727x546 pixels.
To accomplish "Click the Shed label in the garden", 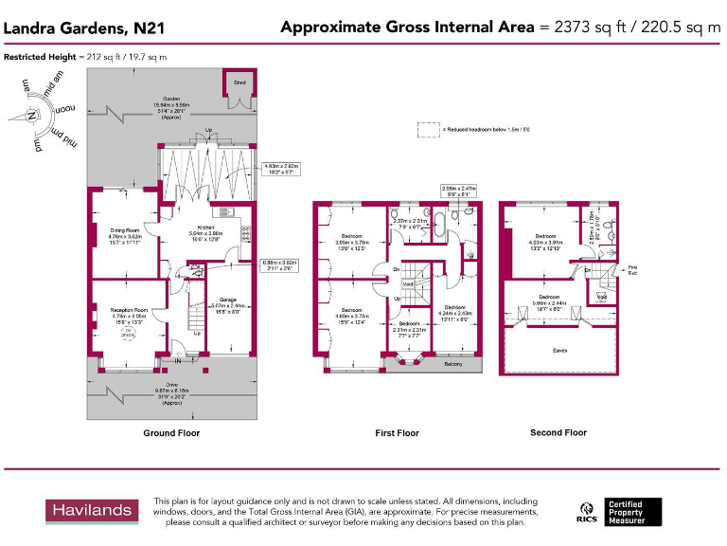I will coord(240,82).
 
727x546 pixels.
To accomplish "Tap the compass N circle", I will coord(32,116).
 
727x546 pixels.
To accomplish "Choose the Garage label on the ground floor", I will coord(227,300).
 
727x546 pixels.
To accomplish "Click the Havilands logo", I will coord(92,512).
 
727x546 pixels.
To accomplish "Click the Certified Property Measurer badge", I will coord(633,512).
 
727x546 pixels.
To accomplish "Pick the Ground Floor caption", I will coord(171,433).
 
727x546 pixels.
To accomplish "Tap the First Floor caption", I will coord(397,433).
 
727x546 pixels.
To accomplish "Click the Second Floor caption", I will coord(559,433).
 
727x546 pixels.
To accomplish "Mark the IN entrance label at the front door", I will coord(177,360).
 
